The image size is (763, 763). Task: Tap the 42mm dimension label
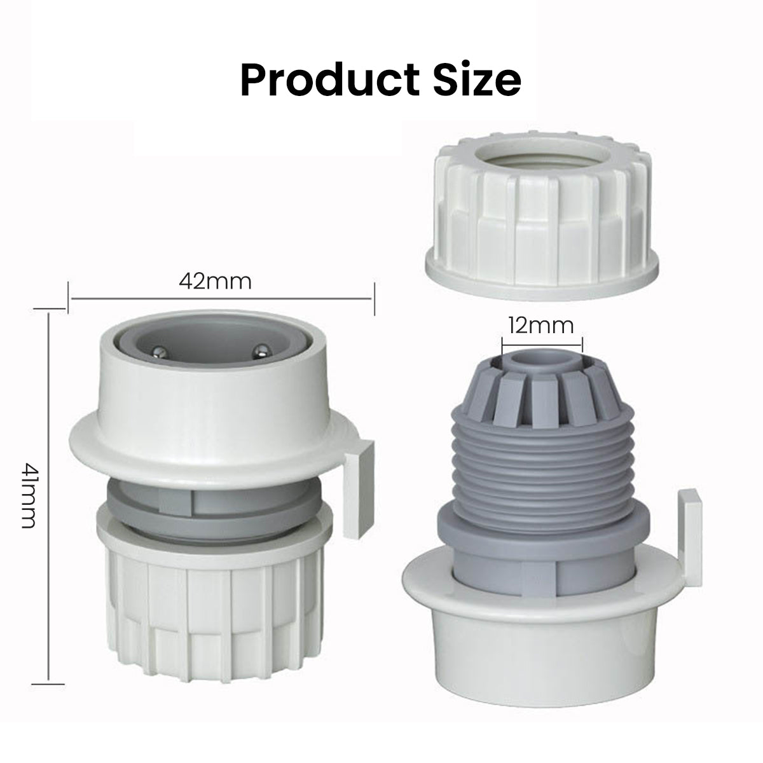click(x=215, y=282)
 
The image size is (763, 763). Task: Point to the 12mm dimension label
click(x=540, y=326)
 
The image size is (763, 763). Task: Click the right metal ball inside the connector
click(x=260, y=350)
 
